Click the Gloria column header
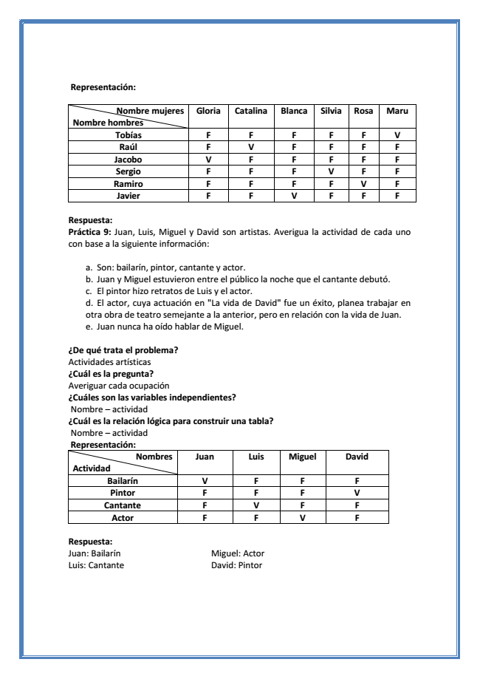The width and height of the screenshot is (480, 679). coord(208,111)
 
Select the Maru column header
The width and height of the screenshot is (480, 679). coord(397,111)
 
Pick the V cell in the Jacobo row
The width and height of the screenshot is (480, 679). coord(208,159)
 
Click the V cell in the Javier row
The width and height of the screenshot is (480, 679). coord(294,196)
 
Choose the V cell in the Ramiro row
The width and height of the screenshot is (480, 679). coord(363,183)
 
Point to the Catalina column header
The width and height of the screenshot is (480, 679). coord(251,111)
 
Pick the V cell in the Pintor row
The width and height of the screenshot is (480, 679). coord(356,493)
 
